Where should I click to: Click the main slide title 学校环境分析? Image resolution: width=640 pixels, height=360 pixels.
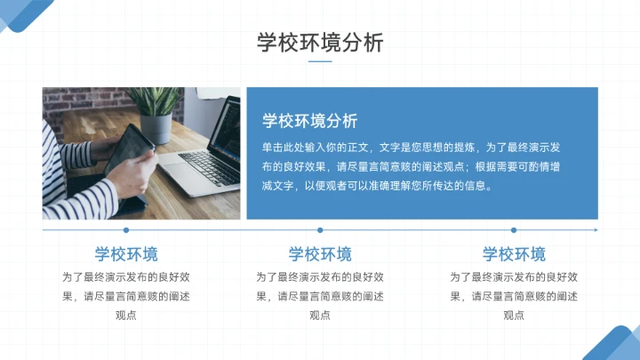320,43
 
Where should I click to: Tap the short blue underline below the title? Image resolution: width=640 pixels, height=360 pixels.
320,62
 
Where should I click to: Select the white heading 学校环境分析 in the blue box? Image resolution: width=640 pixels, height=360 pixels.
310,121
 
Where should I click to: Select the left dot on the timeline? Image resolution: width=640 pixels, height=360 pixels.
126,230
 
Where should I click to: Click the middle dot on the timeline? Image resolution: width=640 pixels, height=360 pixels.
320,230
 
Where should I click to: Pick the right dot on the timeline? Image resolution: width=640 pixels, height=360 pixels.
514,230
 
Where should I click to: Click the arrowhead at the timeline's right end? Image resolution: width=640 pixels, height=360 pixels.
595,230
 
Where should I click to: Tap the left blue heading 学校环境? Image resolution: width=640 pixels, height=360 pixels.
126,254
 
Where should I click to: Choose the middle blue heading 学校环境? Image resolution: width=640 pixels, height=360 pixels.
320,254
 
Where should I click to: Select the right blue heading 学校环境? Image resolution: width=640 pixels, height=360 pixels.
514,254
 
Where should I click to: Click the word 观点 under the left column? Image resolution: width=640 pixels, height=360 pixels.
126,315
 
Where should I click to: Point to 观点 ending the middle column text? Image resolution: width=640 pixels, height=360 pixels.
320,315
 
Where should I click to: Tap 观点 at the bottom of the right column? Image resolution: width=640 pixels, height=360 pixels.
514,315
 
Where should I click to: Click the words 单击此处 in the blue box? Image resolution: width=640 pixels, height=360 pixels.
282,146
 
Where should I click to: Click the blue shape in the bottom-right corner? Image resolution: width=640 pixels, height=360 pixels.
618,345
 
